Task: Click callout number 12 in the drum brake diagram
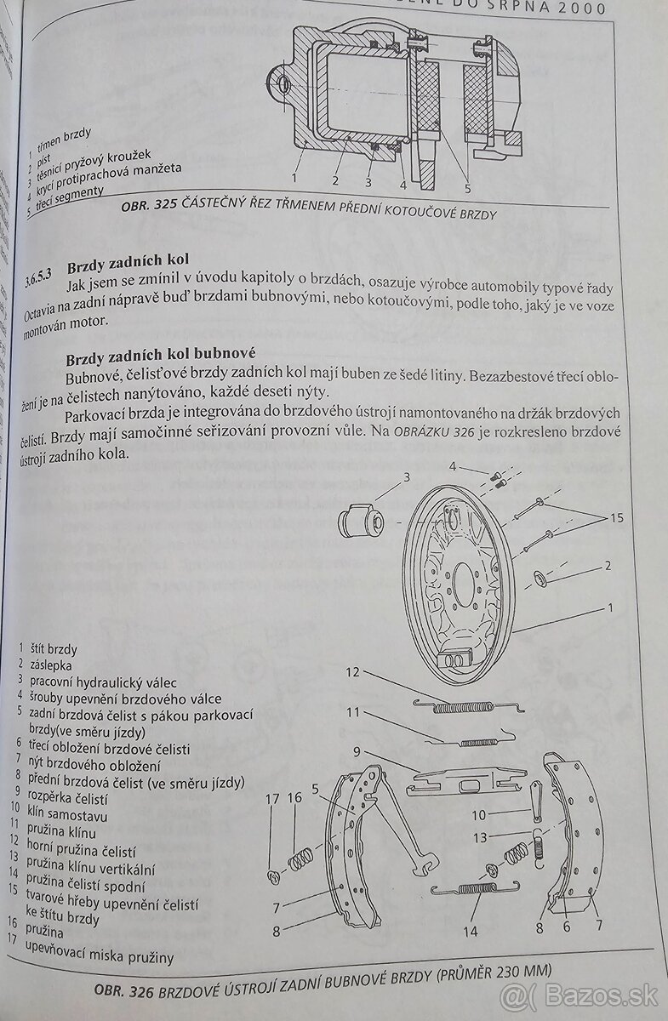[x=352, y=672]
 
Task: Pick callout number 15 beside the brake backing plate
[x=616, y=516]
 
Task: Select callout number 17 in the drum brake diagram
[x=272, y=798]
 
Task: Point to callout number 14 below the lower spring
[x=470, y=931]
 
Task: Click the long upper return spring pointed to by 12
[x=468, y=705]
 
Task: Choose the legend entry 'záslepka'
[x=51, y=665]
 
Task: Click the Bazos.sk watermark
[x=579, y=995]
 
